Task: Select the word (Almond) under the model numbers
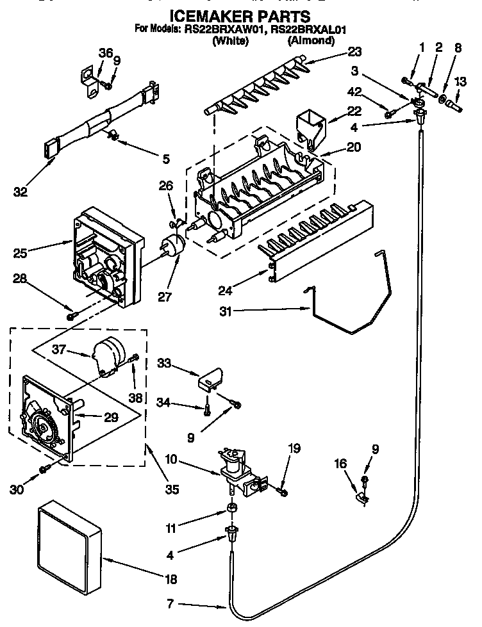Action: tap(311, 40)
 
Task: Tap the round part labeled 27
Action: tap(172, 247)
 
